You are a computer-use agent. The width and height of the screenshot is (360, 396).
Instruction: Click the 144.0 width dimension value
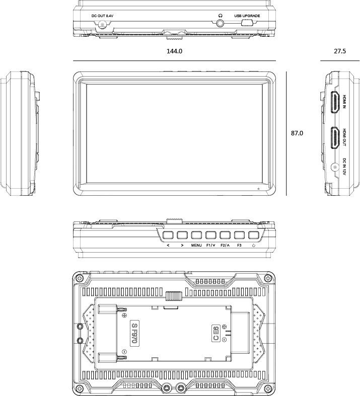[x=174, y=51]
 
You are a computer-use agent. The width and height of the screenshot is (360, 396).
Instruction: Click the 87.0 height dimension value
[x=297, y=133]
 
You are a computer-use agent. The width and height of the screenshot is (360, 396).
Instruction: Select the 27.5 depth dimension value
[x=340, y=51]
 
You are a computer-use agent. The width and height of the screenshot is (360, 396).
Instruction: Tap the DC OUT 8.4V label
[x=102, y=16]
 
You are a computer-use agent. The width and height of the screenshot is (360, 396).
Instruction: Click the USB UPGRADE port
[x=247, y=23]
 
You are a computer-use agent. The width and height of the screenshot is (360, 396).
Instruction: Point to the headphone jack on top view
[x=221, y=24]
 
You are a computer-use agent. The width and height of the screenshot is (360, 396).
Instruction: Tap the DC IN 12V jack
[x=334, y=167]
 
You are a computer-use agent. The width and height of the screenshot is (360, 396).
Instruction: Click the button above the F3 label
[x=239, y=235]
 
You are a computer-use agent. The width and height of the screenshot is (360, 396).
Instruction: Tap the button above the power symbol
[x=254, y=235]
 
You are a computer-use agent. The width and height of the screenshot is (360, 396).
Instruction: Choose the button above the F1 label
[x=210, y=235]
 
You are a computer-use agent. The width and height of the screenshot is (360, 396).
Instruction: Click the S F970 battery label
[x=135, y=333]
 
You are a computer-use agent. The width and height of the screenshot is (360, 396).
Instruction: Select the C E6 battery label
[x=216, y=334]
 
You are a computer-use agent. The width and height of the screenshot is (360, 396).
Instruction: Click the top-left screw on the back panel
[x=80, y=279]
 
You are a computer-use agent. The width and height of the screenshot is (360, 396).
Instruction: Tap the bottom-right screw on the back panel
[x=268, y=388]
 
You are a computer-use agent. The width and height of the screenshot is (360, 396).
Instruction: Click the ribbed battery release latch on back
[x=174, y=296]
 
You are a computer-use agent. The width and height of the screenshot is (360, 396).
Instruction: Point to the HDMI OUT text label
[x=344, y=137]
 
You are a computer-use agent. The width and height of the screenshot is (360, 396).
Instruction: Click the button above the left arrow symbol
[x=168, y=235]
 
